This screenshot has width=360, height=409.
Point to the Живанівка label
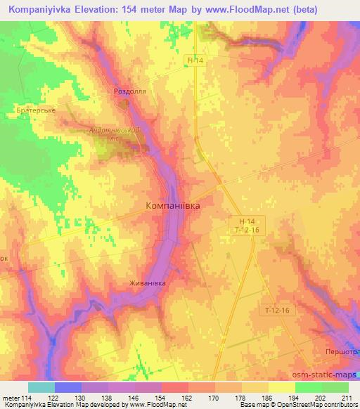coord(147,283)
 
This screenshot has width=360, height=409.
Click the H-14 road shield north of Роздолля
coord(196,61)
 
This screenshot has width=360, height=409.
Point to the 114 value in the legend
coord(27,398)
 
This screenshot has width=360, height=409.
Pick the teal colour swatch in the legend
coord(41,387)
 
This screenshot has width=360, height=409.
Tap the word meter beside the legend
coord(11,398)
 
